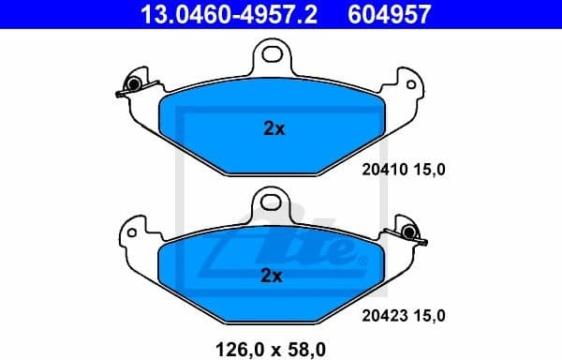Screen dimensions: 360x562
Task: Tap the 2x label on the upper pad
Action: (274, 129)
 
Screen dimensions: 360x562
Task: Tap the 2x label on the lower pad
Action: (271, 276)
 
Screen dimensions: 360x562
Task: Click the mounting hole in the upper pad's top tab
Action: (274, 53)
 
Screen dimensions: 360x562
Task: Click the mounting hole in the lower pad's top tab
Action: (270, 200)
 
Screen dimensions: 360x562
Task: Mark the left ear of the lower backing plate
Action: (136, 231)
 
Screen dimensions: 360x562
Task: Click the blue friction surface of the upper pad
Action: (215, 131)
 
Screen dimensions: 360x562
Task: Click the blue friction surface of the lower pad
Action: (215, 277)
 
